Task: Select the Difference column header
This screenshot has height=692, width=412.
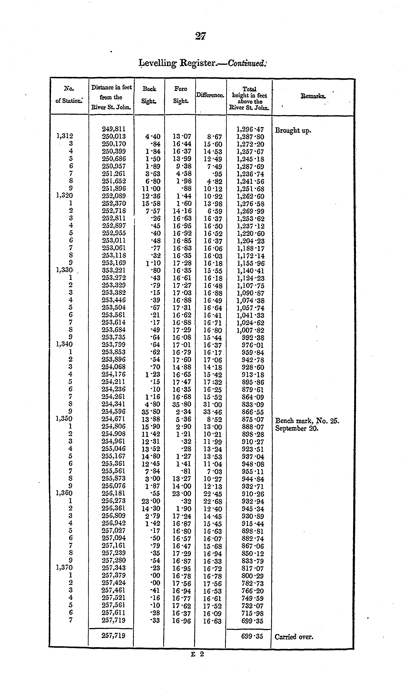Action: tap(210, 95)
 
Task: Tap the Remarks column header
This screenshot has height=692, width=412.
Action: tap(313, 96)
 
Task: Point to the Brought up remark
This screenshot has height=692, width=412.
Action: tap(293, 130)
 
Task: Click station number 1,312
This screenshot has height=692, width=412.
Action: tap(64, 136)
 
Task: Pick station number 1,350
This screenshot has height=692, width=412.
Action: tap(64, 419)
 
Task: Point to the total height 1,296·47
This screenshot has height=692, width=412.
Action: tap(250, 129)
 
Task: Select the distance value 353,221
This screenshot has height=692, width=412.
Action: tap(114, 270)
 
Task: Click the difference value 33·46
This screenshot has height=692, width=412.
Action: tap(212, 412)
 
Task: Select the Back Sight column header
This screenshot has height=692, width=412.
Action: tap(149, 95)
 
